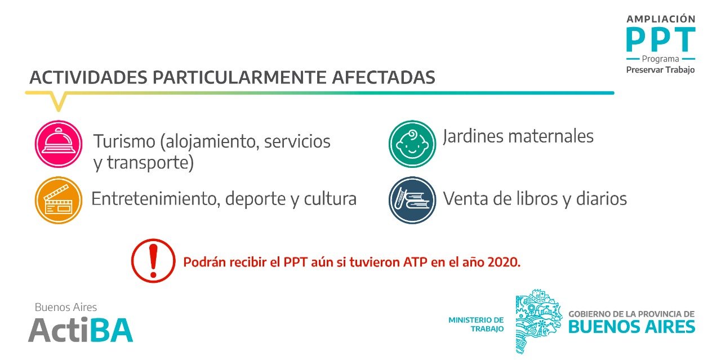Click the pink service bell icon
58,144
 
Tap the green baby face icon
412,144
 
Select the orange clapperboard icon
58,200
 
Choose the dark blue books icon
412,200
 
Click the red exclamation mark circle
153,260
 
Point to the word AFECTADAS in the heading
384,77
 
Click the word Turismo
124,141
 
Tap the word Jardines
473,136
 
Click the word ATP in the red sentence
415,262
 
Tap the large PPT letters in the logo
661,39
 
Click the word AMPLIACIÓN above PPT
661,19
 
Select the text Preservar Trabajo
660,70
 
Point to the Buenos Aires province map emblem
539,321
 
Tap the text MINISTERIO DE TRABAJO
476,325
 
